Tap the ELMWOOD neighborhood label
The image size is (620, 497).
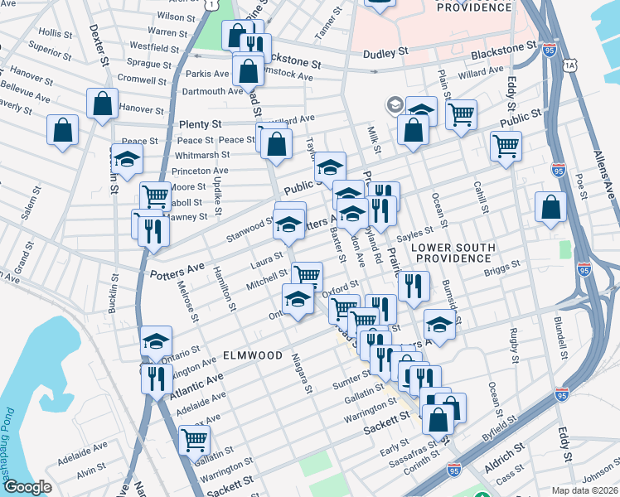253,355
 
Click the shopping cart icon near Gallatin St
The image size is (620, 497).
194,438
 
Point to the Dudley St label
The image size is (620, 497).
386,52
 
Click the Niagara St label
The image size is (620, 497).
302,373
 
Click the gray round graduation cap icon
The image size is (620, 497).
395,105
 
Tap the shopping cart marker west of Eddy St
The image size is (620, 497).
506,146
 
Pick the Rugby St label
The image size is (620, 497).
516,344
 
